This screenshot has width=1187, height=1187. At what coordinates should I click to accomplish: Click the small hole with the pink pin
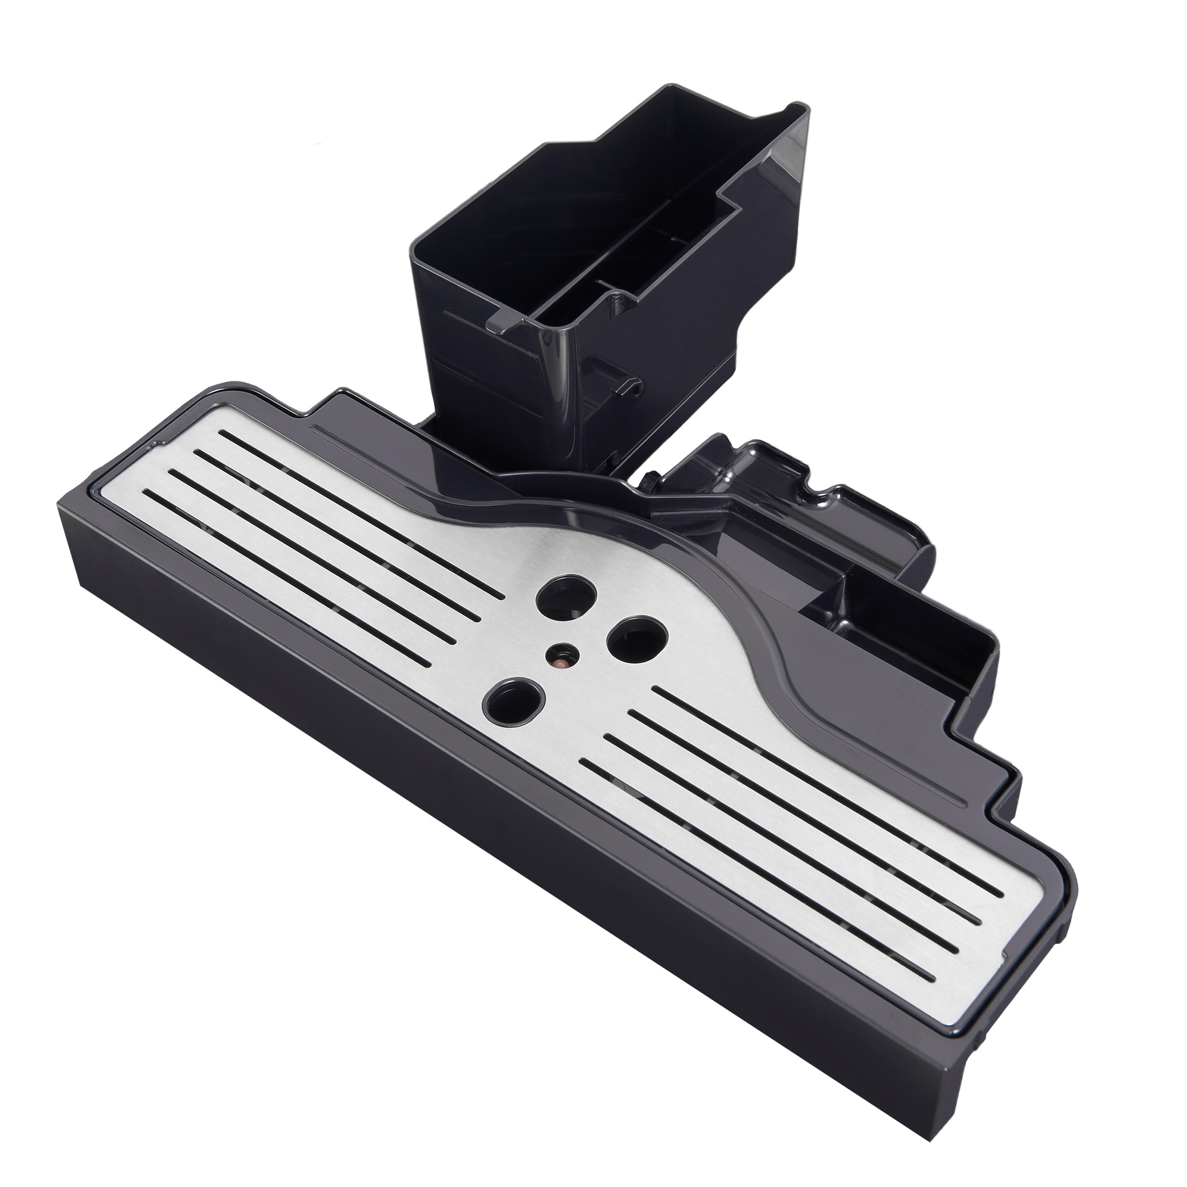pyautogui.click(x=561, y=655)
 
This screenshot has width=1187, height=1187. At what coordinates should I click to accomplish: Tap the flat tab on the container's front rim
pyautogui.click(x=499, y=324)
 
